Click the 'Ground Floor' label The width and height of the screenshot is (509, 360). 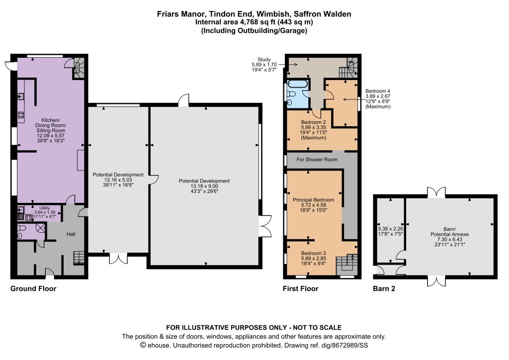pos(33,288)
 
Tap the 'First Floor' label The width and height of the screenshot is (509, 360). pos(300,288)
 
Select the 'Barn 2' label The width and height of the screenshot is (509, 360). pos(384,288)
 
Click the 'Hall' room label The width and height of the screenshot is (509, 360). pos(71,234)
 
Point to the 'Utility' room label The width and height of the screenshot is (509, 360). pos(44,208)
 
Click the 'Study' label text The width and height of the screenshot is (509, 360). pos(264,59)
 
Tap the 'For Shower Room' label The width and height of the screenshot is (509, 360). pos(317,160)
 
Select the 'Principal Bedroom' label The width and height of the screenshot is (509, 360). pos(313,200)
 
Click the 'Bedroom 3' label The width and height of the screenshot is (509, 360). pos(313,253)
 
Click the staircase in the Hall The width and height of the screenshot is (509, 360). pos(79,258)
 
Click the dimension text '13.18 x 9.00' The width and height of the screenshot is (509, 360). pos(204,186)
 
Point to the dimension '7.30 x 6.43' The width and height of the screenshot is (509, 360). pos(449,239)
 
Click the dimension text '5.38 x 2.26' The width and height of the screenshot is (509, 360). pos(391,229)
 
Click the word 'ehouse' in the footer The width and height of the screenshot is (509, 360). pos(159,346)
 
